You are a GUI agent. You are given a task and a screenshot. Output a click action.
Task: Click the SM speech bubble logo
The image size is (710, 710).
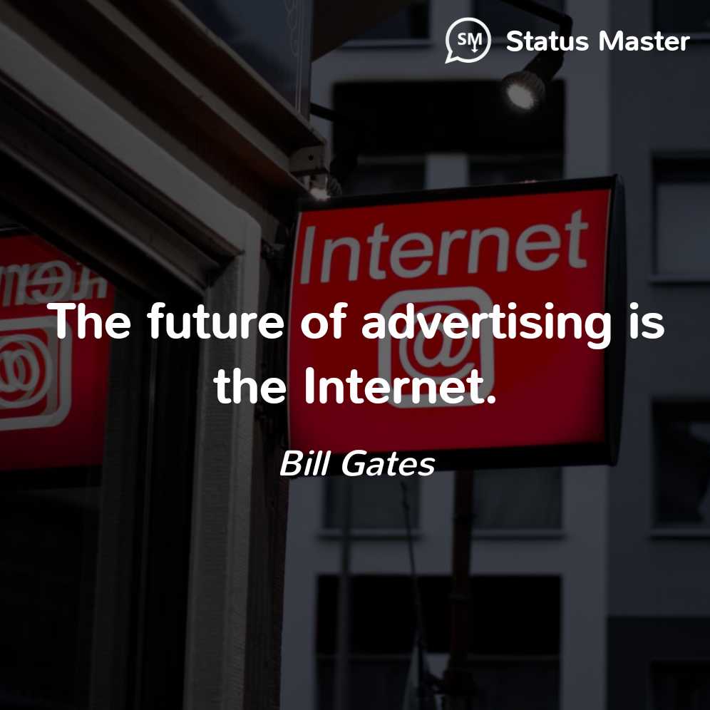[x=468, y=40]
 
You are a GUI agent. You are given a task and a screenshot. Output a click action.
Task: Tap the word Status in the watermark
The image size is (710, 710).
[x=547, y=41]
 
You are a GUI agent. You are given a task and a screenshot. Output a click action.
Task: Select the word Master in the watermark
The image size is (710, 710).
[x=644, y=41]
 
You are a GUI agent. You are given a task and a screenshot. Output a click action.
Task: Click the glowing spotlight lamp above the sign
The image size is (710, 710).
[x=523, y=90]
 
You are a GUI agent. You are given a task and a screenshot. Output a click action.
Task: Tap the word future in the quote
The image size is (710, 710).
[x=215, y=321]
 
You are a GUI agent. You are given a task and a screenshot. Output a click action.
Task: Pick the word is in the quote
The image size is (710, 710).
[x=647, y=321]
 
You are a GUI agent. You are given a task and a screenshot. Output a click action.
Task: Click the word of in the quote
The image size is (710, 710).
[x=324, y=321]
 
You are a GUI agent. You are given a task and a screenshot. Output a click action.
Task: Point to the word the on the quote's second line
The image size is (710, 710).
[x=250, y=386]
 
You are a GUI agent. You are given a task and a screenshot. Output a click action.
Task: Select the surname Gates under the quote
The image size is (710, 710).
[x=388, y=463]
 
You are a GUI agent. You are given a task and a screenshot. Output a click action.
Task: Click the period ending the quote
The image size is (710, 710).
[x=491, y=399]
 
